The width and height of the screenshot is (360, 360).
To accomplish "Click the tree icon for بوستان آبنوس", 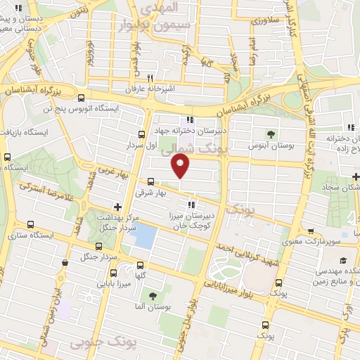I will (271, 134).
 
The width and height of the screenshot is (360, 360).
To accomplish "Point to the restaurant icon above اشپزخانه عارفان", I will (150, 78).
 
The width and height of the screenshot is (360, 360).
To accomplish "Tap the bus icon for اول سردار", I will (141, 134).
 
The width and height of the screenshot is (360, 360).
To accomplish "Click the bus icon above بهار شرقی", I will (150, 181).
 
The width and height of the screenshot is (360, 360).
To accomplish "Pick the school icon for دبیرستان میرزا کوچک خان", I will (192, 205).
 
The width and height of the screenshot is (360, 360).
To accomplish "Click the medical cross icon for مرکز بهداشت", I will (117, 207).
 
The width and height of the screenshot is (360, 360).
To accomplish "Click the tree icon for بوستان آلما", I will (153, 295).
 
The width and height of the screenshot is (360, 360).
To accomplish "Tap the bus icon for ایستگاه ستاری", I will (30, 224).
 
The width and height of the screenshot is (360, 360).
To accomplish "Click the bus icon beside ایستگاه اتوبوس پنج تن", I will (82, 98).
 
